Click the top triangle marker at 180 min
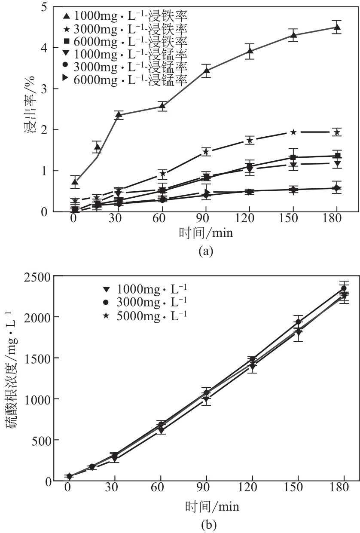tap(337, 28)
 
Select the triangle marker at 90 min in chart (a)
tap(206, 70)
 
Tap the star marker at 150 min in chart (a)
tap(293, 132)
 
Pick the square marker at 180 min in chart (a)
tap(338, 156)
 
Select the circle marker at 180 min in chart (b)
tap(344, 288)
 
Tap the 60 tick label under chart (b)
tap(160, 488)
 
